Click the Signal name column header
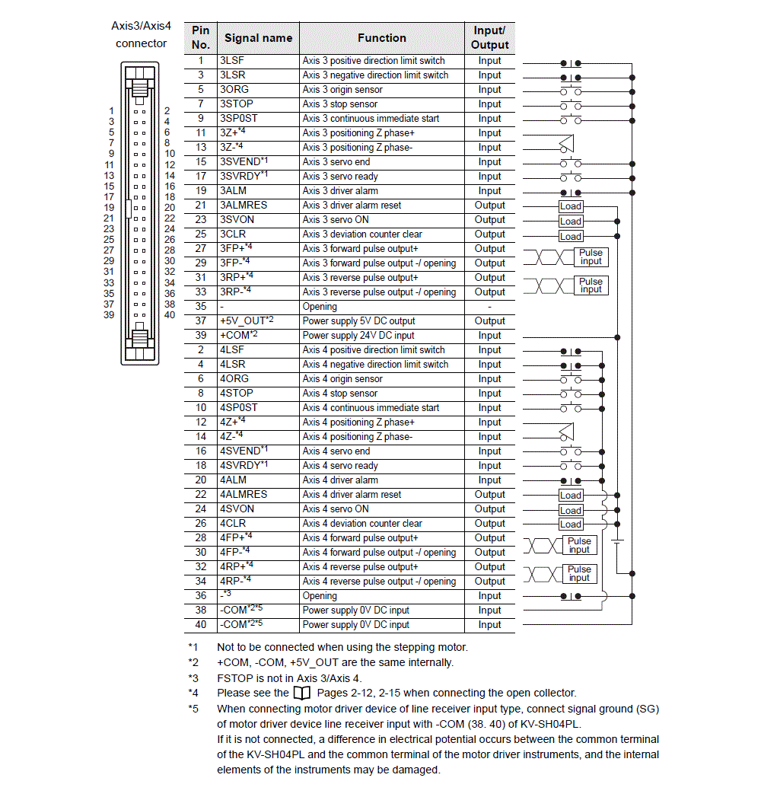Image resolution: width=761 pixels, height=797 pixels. coord(258,38)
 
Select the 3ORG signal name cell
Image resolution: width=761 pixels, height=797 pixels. coord(258,90)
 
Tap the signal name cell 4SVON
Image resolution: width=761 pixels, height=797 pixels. coord(258,509)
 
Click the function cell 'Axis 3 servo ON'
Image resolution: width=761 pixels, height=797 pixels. coord(382,220)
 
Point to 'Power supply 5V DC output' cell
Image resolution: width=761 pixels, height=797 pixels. coord(382,321)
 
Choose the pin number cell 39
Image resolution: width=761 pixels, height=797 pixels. coord(201,336)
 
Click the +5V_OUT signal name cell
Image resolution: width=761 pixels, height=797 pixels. coord(258,321)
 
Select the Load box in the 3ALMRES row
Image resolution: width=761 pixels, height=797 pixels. coord(570,206)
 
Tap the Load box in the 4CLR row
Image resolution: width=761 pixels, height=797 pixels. coord(570,524)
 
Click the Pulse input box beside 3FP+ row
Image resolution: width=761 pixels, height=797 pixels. coord(591,257)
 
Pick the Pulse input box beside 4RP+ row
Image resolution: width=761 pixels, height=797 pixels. coord(579,573)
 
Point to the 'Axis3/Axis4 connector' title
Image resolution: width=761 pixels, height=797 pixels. coord(142,34)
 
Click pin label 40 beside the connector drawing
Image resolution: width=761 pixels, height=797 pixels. coord(169,315)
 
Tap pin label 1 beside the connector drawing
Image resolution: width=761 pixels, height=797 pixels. coord(111,110)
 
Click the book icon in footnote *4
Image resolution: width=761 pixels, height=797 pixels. coord(301,693)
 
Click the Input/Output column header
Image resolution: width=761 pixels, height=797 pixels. coord(489,38)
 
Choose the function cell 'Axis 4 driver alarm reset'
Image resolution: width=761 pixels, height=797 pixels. coord(382,495)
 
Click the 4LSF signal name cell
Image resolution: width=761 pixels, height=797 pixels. coord(258,350)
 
